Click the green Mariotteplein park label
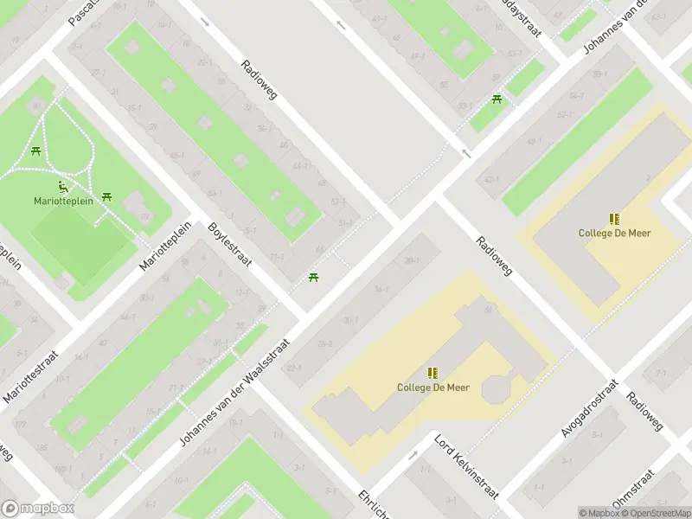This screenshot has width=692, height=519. (64, 200)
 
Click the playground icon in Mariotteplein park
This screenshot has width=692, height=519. (63, 184)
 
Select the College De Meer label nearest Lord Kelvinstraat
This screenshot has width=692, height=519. (432, 388)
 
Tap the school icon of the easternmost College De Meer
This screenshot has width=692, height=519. (614, 219)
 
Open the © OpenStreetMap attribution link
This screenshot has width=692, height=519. (654, 512)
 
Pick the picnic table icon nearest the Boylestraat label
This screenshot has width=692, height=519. (313, 278)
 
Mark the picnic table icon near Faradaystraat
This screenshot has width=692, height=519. (497, 100)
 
